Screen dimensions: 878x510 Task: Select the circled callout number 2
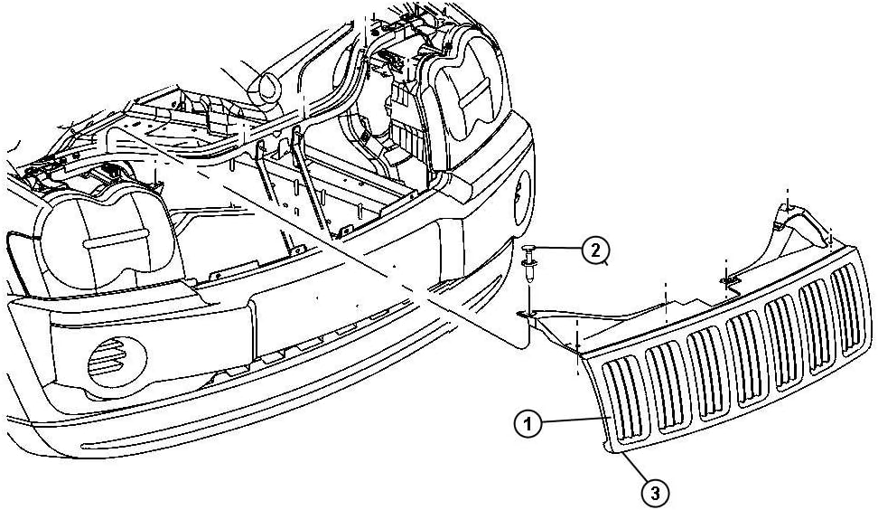(x=594, y=249)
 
